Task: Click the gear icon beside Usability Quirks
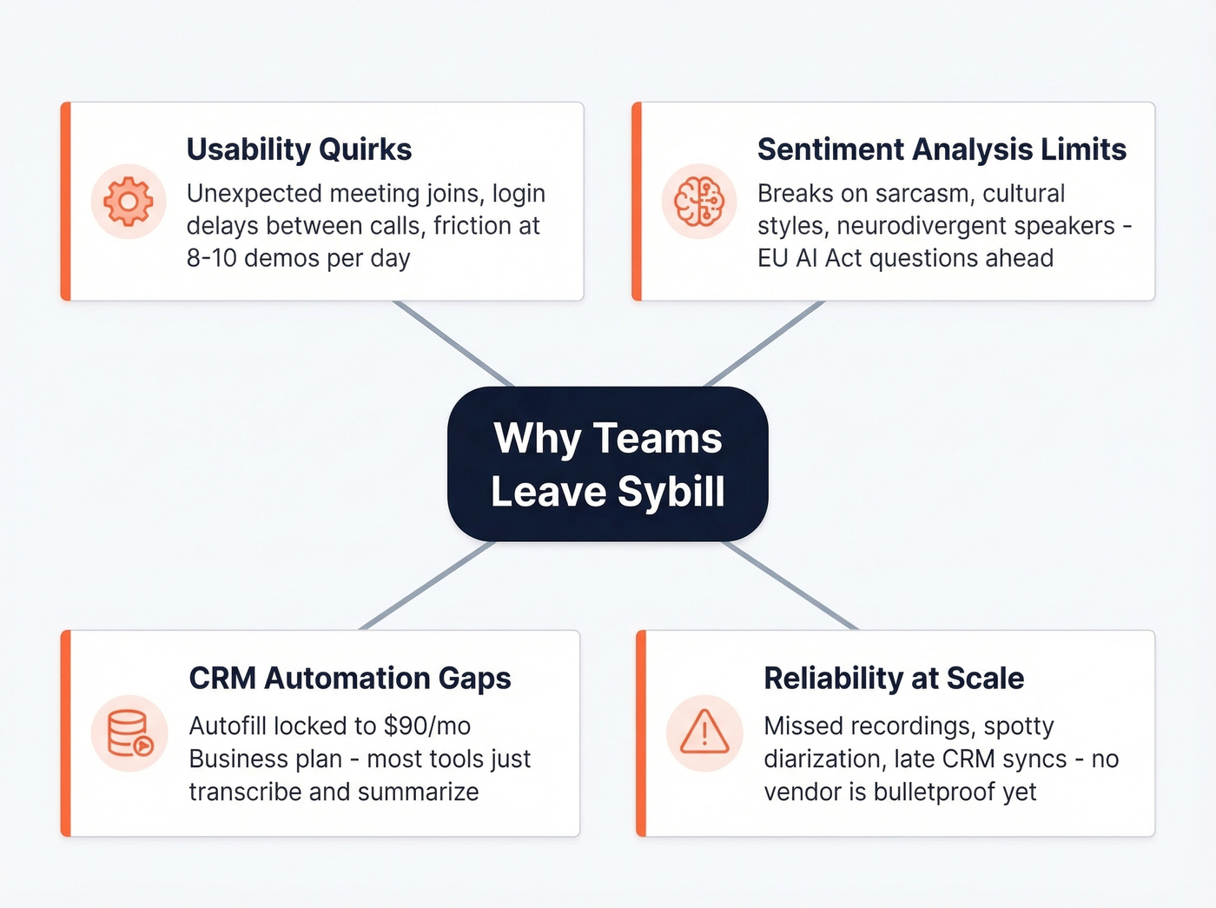(x=129, y=202)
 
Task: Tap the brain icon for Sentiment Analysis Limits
(x=699, y=202)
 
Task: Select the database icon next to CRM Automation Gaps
(x=129, y=733)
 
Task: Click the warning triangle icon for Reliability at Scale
(x=704, y=733)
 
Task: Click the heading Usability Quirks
(x=299, y=149)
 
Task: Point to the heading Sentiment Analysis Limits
(x=942, y=149)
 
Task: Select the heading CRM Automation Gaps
(x=350, y=679)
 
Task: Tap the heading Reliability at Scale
(x=894, y=679)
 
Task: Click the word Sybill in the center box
(x=671, y=492)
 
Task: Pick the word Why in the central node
(x=538, y=439)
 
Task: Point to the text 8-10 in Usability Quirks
(x=212, y=258)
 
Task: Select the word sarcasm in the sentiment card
(x=922, y=193)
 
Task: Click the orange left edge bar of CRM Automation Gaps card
(x=65, y=733)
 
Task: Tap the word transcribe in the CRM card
(x=246, y=792)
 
